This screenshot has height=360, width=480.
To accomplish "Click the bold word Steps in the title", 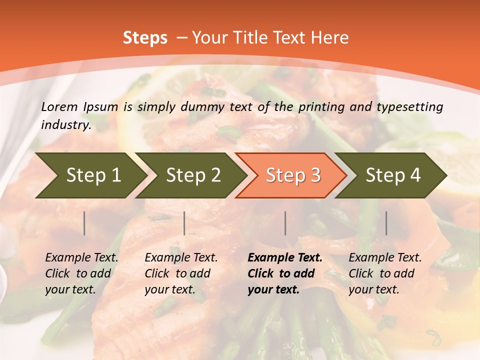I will coord(145,38).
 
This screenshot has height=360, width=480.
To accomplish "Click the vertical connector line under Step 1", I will coord(84,223).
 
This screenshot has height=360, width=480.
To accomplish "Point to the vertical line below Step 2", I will coord(184,223).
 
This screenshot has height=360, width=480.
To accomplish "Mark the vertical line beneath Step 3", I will coord(285,223).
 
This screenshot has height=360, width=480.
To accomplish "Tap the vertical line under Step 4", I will coord(386,223).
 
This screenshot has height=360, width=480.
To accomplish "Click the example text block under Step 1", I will coord(81,273).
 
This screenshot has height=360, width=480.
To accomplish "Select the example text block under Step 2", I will coord(181,273).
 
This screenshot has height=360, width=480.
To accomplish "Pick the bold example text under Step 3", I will coord(285,273).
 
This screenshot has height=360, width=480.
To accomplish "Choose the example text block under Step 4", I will coord(385,273).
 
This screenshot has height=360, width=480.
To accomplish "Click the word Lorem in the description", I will coord(59,106).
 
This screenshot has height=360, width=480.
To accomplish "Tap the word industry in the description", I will coord(66,125).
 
